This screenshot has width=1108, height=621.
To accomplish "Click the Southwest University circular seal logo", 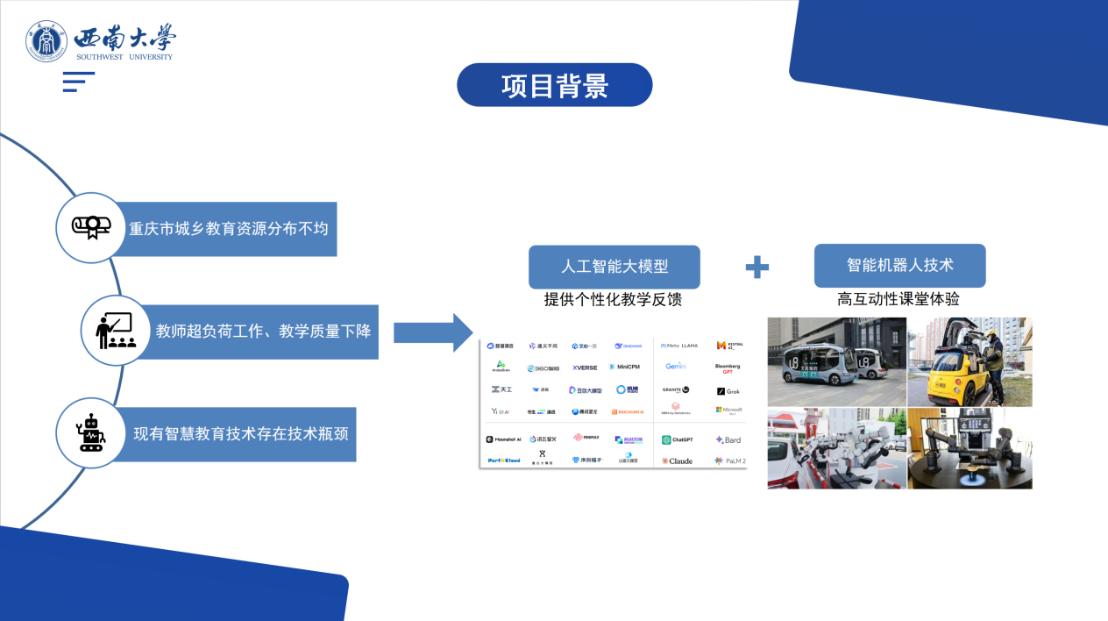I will click(x=46, y=41).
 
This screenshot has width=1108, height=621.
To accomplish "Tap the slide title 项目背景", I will click(x=555, y=85).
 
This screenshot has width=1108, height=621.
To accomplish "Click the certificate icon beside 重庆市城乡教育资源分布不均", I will click(x=91, y=227).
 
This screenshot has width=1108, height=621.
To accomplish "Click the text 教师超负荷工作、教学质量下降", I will click(x=263, y=332).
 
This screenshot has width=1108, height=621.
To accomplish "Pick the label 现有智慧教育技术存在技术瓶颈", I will click(x=244, y=433).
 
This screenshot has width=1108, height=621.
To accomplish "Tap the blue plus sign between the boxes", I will click(x=756, y=268).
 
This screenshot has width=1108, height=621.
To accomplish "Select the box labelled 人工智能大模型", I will click(x=614, y=267).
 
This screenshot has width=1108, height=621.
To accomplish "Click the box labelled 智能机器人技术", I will click(x=899, y=265).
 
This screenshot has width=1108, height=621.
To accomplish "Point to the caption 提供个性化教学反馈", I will click(x=613, y=300).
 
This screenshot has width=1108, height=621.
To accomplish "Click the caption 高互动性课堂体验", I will click(x=898, y=299).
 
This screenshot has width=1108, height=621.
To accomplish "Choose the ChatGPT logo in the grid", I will click(x=678, y=439).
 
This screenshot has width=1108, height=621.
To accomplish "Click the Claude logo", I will click(x=678, y=460).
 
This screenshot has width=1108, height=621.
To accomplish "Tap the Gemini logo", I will click(x=676, y=367).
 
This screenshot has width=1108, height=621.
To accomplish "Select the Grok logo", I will click(x=728, y=391).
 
